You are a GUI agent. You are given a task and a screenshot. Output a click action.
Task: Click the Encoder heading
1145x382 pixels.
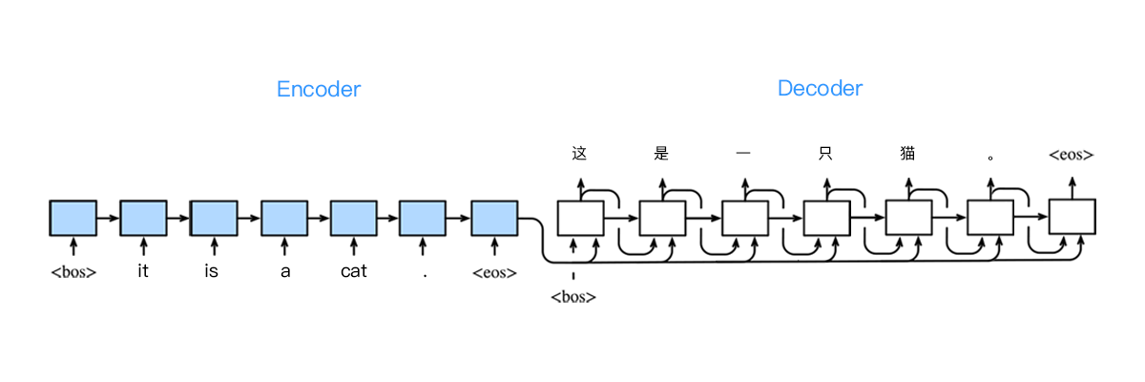319,90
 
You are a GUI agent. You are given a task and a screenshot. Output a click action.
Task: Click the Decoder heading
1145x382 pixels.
820,89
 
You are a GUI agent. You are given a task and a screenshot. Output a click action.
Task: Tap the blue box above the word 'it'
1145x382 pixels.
143,218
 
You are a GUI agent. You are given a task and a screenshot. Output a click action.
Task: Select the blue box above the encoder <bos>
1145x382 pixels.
73,218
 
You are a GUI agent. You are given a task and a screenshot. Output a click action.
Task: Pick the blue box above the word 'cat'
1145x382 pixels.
353,218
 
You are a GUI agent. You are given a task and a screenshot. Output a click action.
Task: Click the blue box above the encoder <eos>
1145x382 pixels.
494,218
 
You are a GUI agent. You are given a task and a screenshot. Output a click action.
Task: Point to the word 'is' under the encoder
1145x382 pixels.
212,272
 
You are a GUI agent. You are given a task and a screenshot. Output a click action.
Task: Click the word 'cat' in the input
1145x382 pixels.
353,272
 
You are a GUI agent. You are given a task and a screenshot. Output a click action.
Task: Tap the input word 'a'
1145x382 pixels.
283,272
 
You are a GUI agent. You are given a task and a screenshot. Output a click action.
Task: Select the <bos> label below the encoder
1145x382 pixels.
73,272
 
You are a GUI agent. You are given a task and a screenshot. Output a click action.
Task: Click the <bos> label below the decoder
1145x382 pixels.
573,297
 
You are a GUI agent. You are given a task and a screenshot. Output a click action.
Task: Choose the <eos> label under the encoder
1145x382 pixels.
494,272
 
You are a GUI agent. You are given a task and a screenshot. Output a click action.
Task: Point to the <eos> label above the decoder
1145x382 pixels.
1071,155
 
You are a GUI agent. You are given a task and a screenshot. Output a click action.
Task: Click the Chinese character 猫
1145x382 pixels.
907,153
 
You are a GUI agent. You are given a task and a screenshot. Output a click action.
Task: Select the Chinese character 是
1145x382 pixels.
662,153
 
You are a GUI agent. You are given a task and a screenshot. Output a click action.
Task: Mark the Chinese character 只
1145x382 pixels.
826,153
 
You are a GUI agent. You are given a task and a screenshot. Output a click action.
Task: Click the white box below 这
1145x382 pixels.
580,218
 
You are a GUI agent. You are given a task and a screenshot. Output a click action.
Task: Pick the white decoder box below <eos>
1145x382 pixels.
1072,218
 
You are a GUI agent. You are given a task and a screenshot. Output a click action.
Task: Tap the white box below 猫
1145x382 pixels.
908,218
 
